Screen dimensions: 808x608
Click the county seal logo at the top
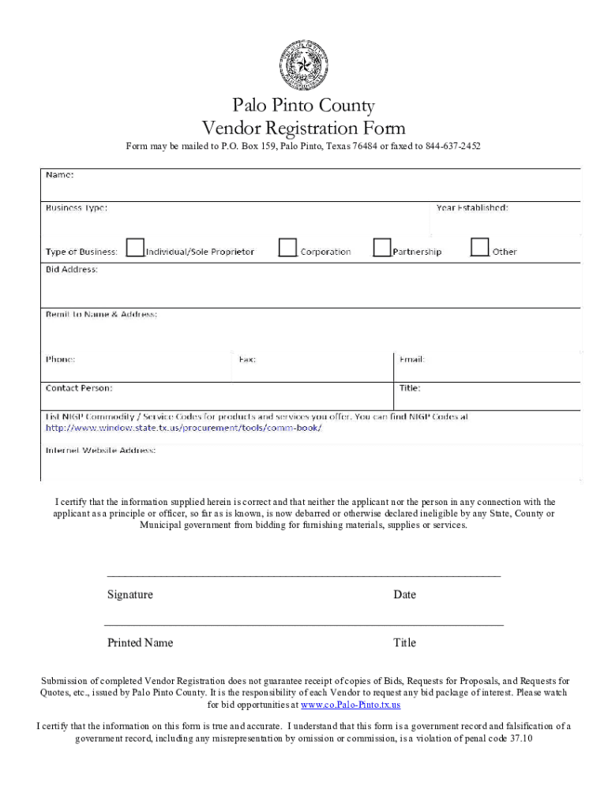coord(303,64)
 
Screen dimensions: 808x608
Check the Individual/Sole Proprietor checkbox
coord(136,248)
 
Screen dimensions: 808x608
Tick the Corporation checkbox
coord(287,248)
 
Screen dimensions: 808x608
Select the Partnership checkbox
coord(382,248)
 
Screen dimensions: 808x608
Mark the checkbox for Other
coord(479,248)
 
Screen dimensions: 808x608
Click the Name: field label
coord(60,174)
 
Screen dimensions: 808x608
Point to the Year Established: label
coord(472,208)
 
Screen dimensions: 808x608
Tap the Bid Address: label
coord(72,269)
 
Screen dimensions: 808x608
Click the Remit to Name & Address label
coord(101,314)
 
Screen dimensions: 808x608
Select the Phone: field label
coord(61,359)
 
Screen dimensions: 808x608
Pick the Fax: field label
coord(247,359)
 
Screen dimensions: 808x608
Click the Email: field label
coord(412,359)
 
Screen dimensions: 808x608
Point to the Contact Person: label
coord(79,388)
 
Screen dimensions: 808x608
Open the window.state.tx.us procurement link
coord(183,428)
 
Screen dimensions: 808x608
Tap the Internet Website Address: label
coord(100,451)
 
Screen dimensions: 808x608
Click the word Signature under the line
coord(130,595)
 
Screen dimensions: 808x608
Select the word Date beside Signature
coord(404,595)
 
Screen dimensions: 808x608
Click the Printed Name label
coord(140,643)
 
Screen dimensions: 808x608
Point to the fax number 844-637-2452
coord(453,147)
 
